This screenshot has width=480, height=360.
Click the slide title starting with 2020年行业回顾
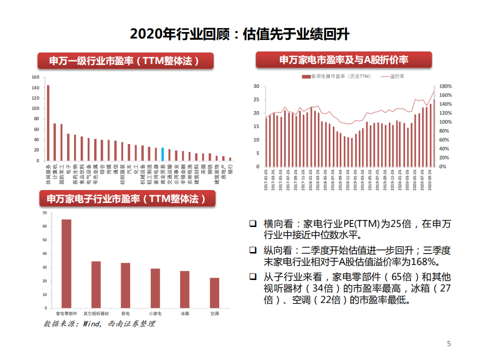tap(239, 34)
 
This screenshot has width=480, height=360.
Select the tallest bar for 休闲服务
tap(48, 122)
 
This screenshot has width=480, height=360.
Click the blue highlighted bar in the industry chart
tap(162, 154)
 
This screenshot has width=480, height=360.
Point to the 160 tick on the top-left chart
tap(35, 77)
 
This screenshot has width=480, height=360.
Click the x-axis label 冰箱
tap(185, 313)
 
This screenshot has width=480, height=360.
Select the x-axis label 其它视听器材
tap(96, 313)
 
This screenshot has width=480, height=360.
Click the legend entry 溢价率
tap(396, 76)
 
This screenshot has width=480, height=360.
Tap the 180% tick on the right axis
tap(446, 86)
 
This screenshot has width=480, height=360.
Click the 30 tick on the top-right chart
tap(256, 86)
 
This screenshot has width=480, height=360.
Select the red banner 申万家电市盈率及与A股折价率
tap(343, 60)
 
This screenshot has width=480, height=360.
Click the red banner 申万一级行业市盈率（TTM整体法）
tap(125, 61)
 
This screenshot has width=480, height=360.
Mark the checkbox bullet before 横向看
tap(254, 223)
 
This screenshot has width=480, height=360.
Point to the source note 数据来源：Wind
tap(99, 324)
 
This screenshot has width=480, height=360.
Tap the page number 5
tap(448, 343)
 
